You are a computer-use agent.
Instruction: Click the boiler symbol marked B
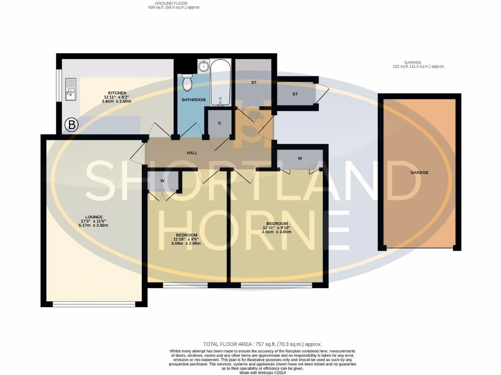pyautogui.click(x=72, y=125)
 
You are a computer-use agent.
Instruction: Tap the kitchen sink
pyautogui.click(x=70, y=89)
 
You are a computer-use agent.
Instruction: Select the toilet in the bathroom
pyautogui.click(x=187, y=83)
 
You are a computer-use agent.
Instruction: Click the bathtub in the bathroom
pyautogui.click(x=220, y=83)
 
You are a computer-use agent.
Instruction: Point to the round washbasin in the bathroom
pyautogui.click(x=204, y=66)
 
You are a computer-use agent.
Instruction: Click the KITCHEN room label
pyautogui.click(x=117, y=93)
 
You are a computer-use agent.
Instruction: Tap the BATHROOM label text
pyautogui.click(x=193, y=100)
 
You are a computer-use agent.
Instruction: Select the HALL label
pyautogui.click(x=192, y=153)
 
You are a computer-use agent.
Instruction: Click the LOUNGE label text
pyautogui.click(x=93, y=217)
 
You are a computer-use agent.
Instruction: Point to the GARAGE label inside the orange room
pyautogui.click(x=419, y=172)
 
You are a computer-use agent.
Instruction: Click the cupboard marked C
pyautogui.click(x=220, y=123)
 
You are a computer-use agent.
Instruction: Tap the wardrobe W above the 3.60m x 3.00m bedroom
pyautogui.click(x=299, y=158)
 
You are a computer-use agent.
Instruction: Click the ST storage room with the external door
pyautogui.click(x=295, y=94)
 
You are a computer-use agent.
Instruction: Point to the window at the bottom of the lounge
pyautogui.click(x=94, y=304)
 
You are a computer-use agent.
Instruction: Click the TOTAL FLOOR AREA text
pyautogui.click(x=262, y=344)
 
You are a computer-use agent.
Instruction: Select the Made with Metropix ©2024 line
pyautogui.click(x=262, y=373)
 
